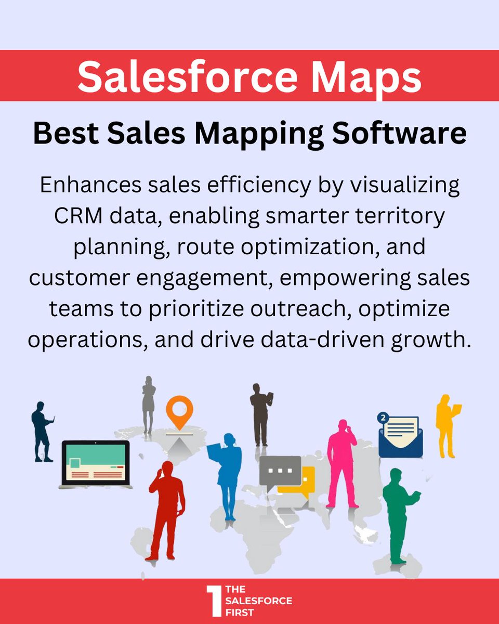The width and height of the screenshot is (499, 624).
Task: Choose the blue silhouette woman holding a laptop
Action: [x=227, y=468]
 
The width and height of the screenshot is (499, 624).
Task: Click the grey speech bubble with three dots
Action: [x=280, y=470]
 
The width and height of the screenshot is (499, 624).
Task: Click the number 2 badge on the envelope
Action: [x=384, y=417]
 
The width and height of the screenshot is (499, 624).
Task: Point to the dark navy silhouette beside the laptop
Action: [x=42, y=432]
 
